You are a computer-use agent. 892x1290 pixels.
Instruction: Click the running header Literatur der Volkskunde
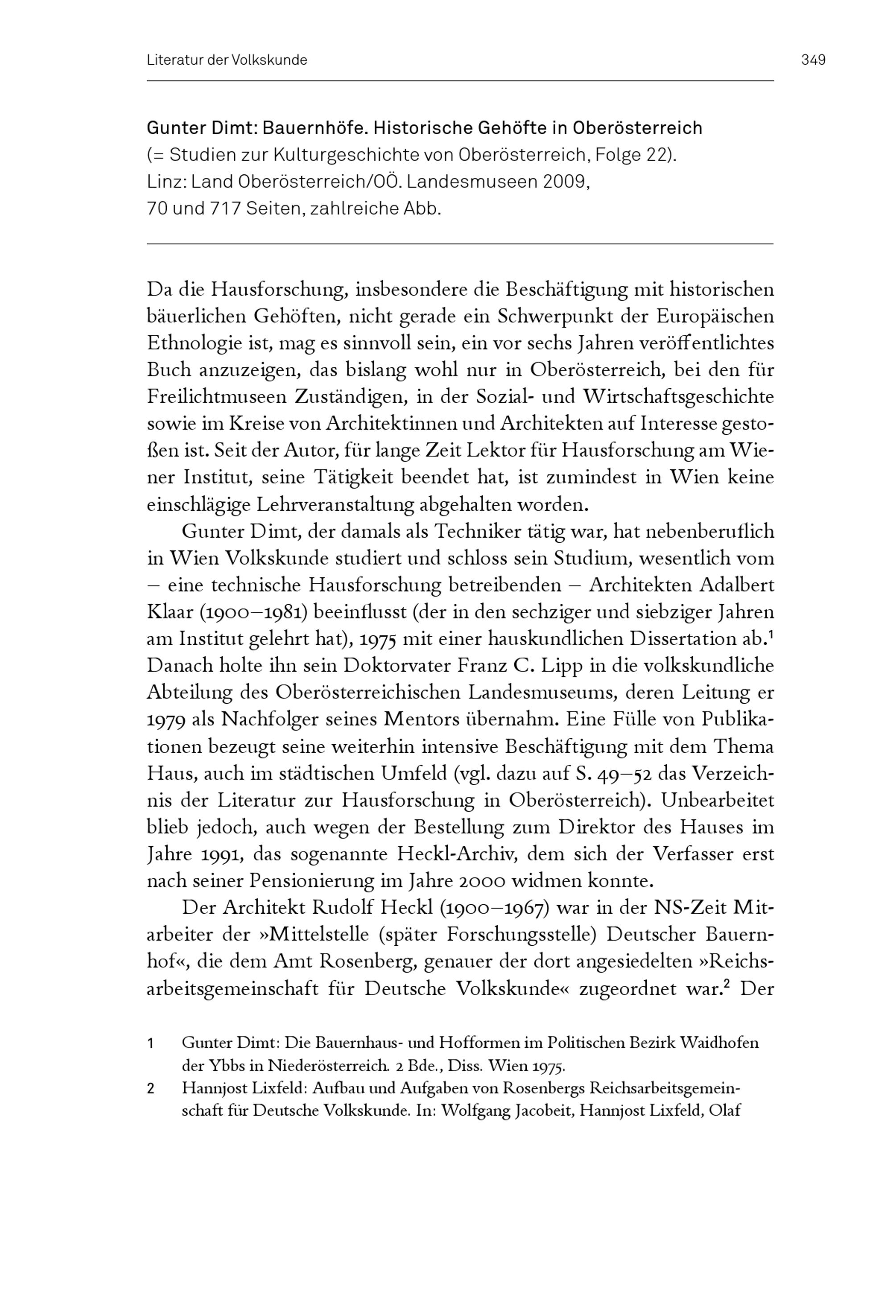pos(227,60)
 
